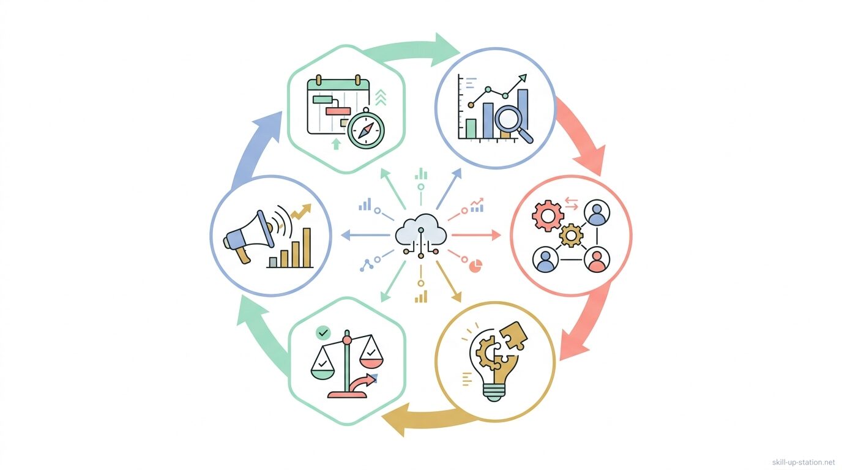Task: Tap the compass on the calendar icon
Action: [x=365, y=129]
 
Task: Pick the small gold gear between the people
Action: [x=572, y=235]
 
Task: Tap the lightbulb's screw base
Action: [x=494, y=392]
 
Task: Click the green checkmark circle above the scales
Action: [x=322, y=333]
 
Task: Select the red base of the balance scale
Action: [x=347, y=394]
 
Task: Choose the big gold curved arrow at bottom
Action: [x=428, y=419]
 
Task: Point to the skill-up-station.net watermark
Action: [x=803, y=462]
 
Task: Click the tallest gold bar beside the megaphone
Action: [x=307, y=247]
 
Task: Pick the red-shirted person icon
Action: [x=595, y=259]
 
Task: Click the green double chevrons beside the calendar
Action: [x=381, y=97]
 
